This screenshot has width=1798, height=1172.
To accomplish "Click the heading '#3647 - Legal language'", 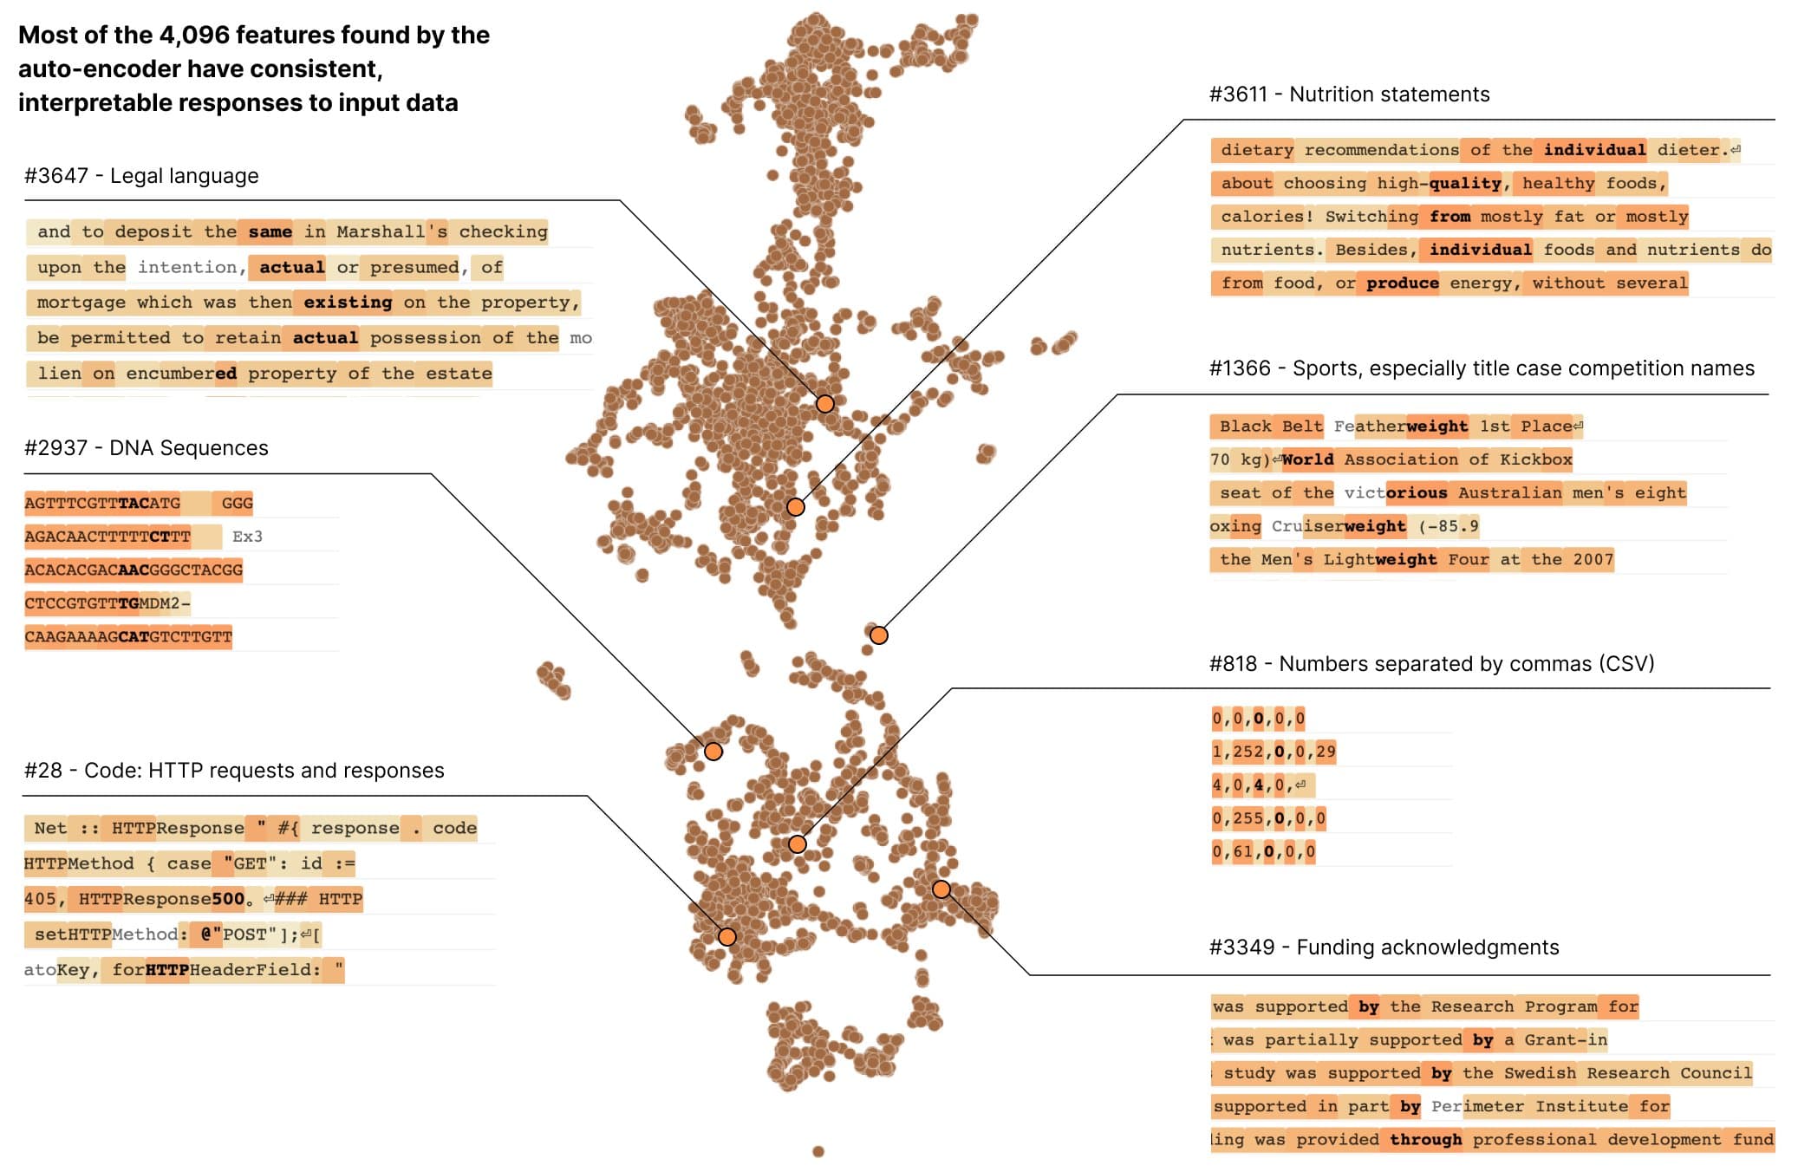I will [141, 176].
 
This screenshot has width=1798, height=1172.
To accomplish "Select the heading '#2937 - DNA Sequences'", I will [147, 448].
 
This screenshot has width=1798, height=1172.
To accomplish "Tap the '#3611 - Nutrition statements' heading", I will [1349, 94].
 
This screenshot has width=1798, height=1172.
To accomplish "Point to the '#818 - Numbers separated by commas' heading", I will [1431, 664].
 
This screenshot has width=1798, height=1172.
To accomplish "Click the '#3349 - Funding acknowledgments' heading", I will [1384, 947].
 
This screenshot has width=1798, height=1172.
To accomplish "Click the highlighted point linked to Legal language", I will [825, 404].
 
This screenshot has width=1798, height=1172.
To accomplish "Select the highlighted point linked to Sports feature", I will [879, 635].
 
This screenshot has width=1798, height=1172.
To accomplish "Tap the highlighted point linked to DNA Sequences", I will [713, 752].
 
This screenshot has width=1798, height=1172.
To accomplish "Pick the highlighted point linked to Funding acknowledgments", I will [941, 889].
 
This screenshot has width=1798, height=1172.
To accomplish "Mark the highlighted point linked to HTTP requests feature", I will [727, 937].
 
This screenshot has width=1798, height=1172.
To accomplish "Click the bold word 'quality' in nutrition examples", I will [1465, 183].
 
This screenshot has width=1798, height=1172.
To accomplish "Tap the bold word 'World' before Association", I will [1307, 459].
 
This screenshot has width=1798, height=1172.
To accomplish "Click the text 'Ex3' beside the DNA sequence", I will [247, 537].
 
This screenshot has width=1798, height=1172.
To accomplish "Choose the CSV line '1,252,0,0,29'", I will [1274, 752].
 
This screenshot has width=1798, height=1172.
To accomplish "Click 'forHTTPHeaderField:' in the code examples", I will [216, 970].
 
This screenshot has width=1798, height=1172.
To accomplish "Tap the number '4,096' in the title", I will [193, 36].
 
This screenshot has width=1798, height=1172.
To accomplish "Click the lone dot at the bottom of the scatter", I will [818, 1151].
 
